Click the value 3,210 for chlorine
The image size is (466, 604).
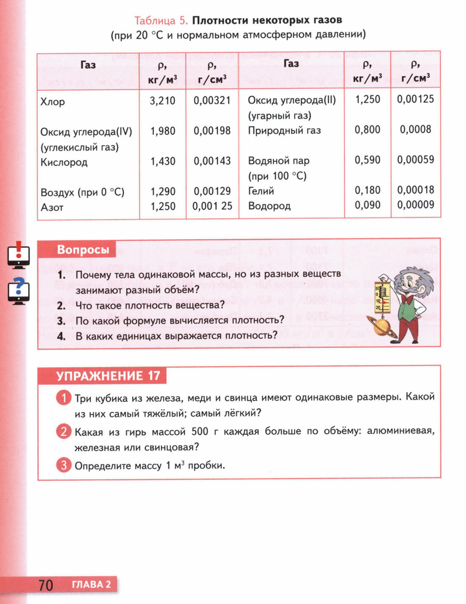tap(163, 101)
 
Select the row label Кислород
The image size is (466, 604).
tap(64, 162)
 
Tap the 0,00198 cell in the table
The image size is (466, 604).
tap(212, 132)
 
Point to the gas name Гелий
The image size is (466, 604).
tap(261, 191)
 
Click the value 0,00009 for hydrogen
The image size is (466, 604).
tap(416, 205)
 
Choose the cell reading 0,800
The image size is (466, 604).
tap(367, 130)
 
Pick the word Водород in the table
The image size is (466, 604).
tap(269, 206)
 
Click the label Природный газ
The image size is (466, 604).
tap(285, 131)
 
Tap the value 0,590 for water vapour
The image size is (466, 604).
tap(367, 160)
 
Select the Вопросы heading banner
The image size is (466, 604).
tap(83, 250)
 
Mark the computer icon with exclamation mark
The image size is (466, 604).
tap(18, 256)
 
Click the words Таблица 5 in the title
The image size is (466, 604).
tap(160, 21)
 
